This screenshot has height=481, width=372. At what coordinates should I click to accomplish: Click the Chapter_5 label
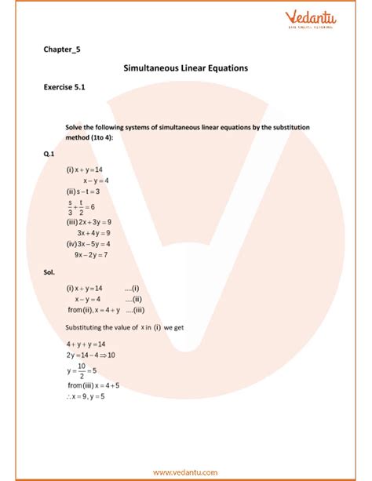(62, 49)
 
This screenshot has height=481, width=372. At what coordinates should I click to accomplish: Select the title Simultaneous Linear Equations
(186, 68)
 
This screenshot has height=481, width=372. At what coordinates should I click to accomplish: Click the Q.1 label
(51, 155)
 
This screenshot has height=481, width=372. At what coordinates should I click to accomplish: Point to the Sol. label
(51, 271)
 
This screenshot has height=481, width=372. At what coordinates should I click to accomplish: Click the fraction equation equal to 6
(82, 206)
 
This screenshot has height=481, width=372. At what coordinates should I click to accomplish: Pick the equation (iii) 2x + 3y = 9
(89, 222)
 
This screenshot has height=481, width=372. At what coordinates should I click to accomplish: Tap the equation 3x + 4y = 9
(93, 233)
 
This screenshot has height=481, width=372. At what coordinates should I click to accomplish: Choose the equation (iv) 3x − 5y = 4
(88, 244)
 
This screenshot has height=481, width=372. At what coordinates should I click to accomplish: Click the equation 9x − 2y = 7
(91, 255)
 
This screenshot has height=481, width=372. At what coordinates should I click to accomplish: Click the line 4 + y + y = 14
(86, 344)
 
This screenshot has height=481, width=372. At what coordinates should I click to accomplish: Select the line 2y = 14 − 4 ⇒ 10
(91, 355)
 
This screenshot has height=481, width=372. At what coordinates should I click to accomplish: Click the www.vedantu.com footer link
(186, 472)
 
